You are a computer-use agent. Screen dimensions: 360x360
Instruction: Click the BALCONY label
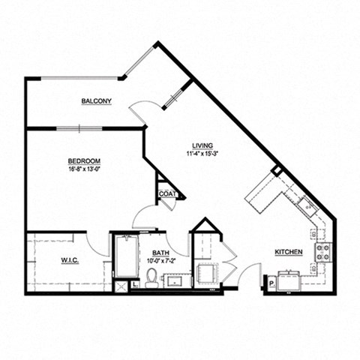97,101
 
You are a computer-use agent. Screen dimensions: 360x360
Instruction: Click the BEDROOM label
84,161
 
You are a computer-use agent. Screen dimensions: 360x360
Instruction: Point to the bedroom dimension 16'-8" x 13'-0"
84,169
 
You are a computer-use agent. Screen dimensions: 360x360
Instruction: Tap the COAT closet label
166,193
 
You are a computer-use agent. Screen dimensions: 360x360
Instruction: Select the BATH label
160,253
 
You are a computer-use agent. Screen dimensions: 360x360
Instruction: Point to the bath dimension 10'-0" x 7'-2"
160,262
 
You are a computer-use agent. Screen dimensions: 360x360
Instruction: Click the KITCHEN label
288,253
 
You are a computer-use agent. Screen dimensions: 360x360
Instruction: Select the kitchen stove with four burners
323,253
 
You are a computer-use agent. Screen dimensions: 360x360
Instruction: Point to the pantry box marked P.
270,283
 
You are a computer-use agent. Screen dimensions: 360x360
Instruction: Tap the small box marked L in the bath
134,284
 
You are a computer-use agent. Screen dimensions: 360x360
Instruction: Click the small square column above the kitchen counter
277,171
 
